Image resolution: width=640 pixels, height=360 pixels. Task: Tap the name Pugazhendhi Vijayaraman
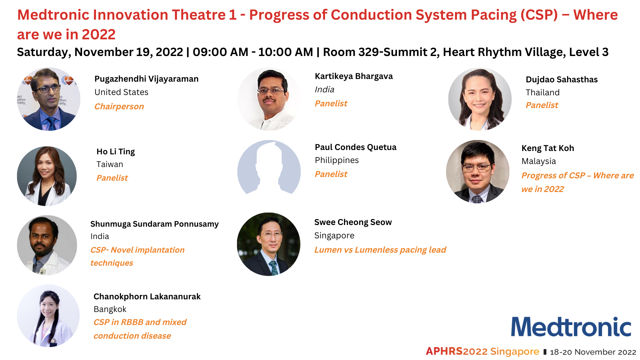point(146,79)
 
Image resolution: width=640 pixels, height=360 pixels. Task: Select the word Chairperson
point(119,106)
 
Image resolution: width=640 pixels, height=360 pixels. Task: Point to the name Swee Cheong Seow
point(353,222)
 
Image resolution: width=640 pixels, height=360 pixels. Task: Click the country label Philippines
point(337,160)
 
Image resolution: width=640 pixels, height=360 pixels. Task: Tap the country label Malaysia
point(539,161)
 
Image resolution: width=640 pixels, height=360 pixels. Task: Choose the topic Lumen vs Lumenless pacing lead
point(380,250)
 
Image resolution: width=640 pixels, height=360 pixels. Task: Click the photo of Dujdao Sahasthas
point(480,99)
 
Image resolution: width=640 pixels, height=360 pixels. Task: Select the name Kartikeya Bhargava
point(354,76)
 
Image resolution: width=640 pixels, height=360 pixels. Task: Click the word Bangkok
point(110,309)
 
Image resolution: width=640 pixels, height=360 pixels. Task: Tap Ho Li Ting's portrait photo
point(47,176)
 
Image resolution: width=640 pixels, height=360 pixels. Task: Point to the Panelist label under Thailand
point(542,105)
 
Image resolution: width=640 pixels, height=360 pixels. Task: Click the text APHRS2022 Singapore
point(482,351)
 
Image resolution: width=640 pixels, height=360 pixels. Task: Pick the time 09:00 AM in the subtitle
point(220,52)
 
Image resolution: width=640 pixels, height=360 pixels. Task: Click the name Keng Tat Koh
point(548,148)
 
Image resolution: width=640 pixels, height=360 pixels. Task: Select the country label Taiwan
point(110,164)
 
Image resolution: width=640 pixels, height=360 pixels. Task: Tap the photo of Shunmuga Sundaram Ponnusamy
point(47,245)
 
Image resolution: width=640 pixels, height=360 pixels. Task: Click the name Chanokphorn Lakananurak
point(147,297)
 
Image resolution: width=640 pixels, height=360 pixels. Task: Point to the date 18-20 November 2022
point(593,352)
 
